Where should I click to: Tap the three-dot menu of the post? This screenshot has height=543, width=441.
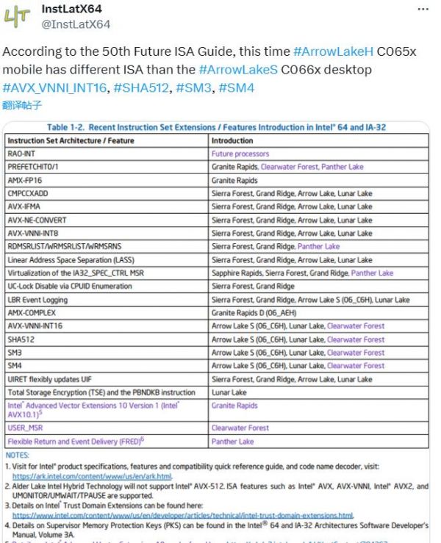[x=423, y=10]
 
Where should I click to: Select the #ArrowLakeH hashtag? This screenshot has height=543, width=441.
[x=333, y=53]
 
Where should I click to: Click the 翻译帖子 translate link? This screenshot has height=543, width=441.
[x=22, y=105]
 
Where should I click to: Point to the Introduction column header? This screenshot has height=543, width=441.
[x=232, y=140]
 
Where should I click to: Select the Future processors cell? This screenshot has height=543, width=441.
[x=240, y=154]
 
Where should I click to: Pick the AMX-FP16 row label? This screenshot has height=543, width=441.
[x=25, y=180]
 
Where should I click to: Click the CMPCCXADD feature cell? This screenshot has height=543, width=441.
[x=29, y=193]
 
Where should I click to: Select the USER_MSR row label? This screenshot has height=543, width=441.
[x=24, y=428]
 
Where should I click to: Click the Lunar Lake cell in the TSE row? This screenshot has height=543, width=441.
[x=229, y=392]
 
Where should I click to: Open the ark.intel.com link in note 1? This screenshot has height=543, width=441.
[x=92, y=475]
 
